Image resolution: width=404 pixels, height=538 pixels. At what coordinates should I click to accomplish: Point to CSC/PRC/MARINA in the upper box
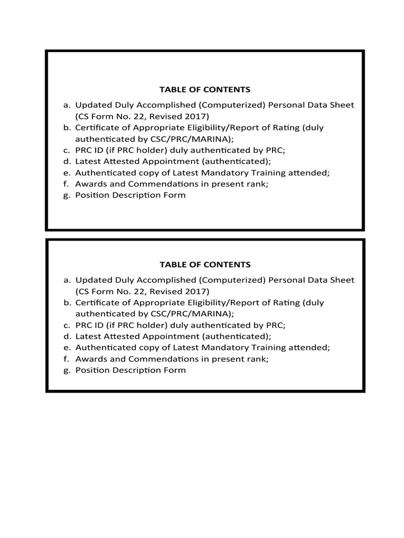[197, 139]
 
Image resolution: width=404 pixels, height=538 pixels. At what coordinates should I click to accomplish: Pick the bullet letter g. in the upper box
[67, 195]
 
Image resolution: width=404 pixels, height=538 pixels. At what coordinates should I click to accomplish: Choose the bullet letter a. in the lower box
[67, 280]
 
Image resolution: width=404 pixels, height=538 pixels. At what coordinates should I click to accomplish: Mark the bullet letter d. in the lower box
[67, 336]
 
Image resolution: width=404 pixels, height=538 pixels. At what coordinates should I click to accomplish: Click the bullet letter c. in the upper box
[67, 150]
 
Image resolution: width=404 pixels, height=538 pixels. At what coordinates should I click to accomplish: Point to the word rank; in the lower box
[258, 359]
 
